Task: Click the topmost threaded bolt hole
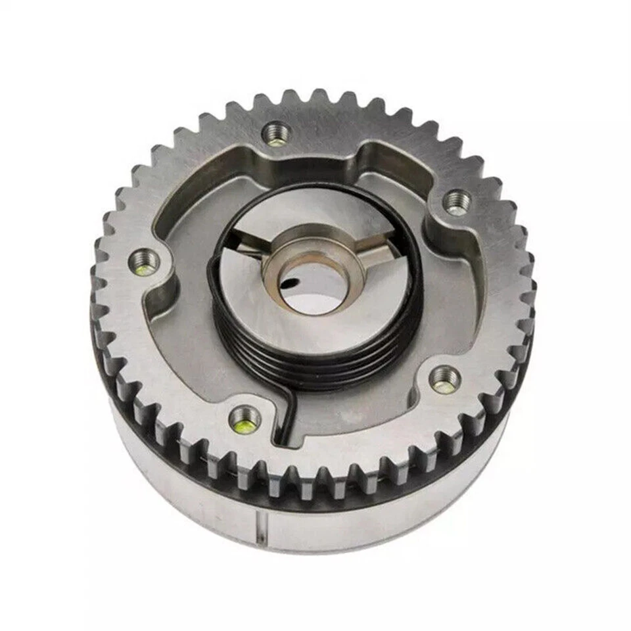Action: tap(277, 134)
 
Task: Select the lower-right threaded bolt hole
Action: tap(445, 380)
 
